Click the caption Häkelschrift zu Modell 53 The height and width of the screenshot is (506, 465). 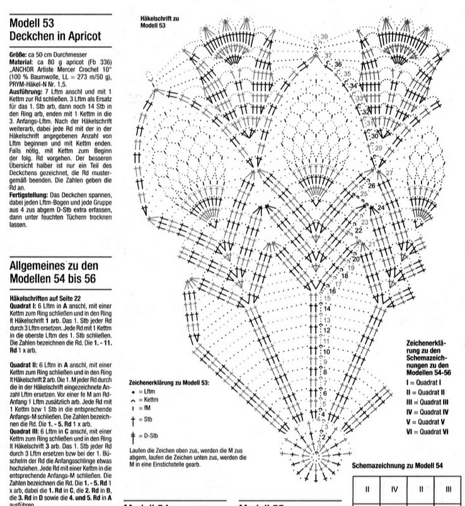[x=158, y=23]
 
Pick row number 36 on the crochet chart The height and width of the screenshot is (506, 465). [x=338, y=64]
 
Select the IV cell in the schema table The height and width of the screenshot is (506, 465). [x=393, y=488]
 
